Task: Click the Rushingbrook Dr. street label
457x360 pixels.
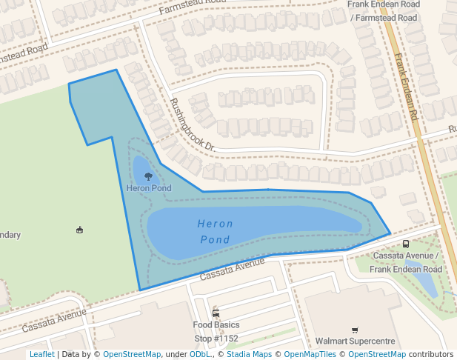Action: click(192, 125)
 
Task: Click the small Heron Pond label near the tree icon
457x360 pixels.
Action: click(149, 188)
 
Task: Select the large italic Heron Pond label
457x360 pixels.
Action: click(215, 231)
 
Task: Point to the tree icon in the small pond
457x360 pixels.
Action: click(149, 177)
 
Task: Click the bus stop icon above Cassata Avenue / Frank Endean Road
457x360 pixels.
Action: click(405, 244)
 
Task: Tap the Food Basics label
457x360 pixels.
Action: click(216, 324)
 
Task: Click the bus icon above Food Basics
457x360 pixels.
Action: click(216, 313)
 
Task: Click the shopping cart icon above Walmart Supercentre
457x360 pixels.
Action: click(354, 330)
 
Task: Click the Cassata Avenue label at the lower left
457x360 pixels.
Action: click(54, 320)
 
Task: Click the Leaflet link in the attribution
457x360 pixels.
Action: click(41, 354)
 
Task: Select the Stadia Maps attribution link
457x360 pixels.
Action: click(249, 354)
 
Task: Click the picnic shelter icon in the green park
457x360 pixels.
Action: click(80, 230)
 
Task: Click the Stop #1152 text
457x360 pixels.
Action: click(216, 339)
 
